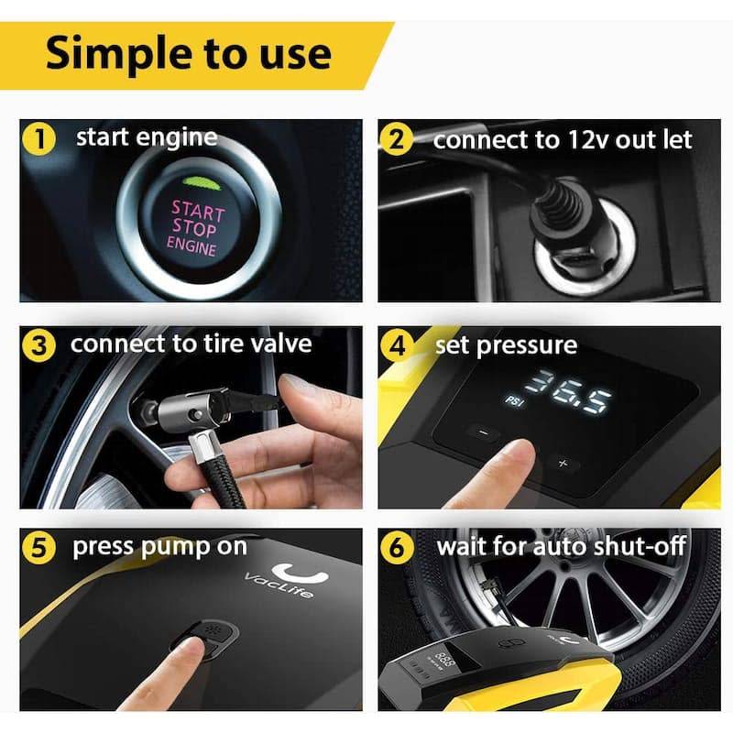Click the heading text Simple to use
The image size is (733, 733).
click(x=189, y=53)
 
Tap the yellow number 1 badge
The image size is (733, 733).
click(x=38, y=139)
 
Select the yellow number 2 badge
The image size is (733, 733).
click(x=397, y=139)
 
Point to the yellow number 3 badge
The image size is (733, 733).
click(x=38, y=345)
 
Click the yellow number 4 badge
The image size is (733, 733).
click(x=397, y=346)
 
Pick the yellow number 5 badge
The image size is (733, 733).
click(x=38, y=548)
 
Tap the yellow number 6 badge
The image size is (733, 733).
click(x=397, y=547)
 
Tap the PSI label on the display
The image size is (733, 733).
click(x=515, y=401)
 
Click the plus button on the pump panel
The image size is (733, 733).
click(x=563, y=464)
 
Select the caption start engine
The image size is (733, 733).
click(x=147, y=137)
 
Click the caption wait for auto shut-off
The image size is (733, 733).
click(x=561, y=546)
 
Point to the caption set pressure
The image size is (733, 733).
click(x=507, y=346)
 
